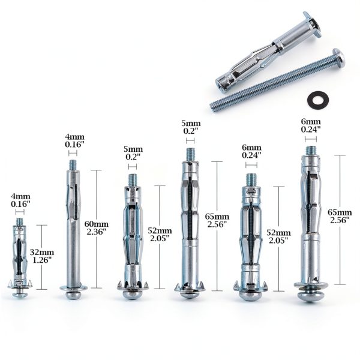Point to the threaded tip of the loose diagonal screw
214,107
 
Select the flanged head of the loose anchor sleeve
313,25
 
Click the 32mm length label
42,253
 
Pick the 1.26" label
42,260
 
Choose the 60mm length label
97,224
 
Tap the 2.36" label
97,232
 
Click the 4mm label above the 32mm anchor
20,197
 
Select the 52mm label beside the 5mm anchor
160,230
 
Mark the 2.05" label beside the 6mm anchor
278,241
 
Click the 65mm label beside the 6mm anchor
340,212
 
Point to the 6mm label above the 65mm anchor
311,122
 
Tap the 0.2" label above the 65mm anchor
191,131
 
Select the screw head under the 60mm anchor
73,294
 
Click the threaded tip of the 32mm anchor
20,222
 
